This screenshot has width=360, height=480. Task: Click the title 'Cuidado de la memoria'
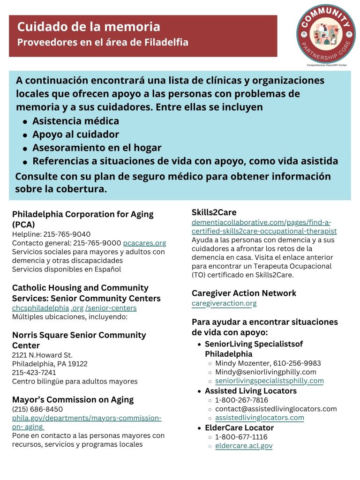tap(89, 27)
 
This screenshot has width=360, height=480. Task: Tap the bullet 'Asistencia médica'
tap(75, 121)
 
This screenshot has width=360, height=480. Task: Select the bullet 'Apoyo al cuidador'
tap(75, 135)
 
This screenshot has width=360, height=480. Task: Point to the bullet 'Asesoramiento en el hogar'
tap(97, 148)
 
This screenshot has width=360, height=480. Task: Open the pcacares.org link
tap(144, 243)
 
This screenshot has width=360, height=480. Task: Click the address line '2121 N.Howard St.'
tap(42, 355)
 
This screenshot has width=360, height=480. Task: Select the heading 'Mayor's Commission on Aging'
tap(73, 400)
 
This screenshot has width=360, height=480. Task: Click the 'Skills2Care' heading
tap(214, 213)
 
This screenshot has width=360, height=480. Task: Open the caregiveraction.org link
tap(224, 303)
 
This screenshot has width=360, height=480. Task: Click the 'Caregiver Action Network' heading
tap(244, 293)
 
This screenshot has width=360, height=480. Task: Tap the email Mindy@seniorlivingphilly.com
tap(266, 372)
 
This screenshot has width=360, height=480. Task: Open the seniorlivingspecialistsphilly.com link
tap(269, 381)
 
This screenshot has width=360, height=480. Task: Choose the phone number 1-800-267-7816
tap(241, 400)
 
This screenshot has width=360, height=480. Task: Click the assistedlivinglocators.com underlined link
tap(259, 418)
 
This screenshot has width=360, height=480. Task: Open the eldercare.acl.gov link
tap(244, 446)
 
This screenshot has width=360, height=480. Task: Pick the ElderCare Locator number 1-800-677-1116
tap(241, 437)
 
